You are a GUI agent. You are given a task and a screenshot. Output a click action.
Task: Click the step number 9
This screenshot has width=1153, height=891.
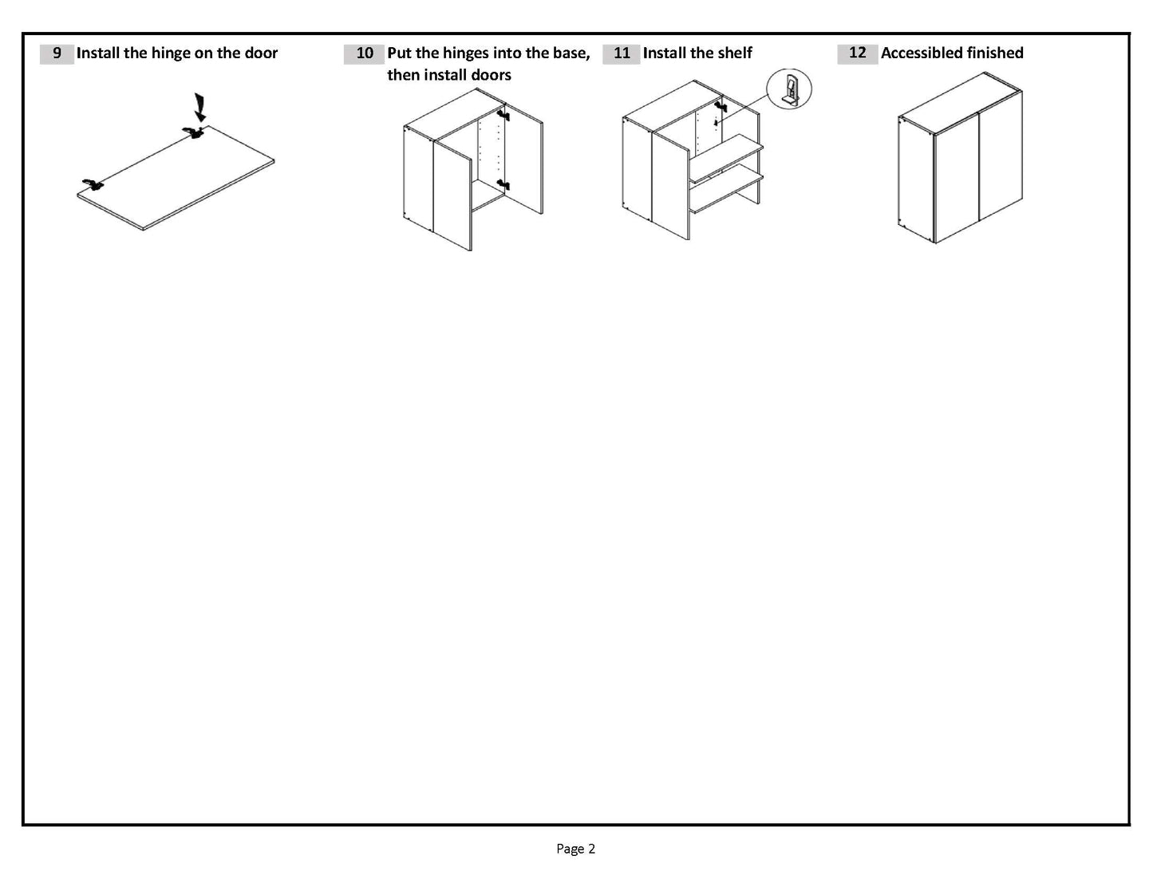(57, 53)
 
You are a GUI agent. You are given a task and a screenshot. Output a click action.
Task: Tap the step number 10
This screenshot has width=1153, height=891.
(364, 53)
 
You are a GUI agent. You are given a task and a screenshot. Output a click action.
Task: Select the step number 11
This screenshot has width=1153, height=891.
(622, 53)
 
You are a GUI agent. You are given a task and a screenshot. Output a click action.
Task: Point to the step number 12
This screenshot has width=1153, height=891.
(857, 53)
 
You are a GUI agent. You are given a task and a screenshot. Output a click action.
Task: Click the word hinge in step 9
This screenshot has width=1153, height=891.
(172, 53)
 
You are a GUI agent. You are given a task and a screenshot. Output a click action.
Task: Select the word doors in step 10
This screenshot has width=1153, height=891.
(491, 75)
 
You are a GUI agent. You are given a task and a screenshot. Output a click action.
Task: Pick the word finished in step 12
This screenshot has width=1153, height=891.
(994, 53)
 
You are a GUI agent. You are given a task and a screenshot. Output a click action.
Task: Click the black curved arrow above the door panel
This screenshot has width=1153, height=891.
(199, 106)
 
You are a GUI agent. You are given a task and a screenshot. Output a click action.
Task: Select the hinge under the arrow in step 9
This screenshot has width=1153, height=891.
(192, 132)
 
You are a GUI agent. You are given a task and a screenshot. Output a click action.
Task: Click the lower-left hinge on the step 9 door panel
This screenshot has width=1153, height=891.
(93, 185)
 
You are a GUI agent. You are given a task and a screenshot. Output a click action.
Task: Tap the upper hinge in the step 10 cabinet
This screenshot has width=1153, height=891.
(503, 115)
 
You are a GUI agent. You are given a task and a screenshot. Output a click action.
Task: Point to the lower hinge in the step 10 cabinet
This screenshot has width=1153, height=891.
(503, 185)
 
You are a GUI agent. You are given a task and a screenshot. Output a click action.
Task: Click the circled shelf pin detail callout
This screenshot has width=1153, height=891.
(788, 89)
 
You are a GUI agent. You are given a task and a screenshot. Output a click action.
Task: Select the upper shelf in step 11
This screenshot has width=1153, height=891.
(726, 158)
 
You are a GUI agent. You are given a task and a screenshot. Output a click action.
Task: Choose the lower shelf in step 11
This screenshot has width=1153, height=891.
(726, 192)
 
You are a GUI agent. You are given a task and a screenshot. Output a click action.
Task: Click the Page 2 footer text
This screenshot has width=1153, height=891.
(575, 849)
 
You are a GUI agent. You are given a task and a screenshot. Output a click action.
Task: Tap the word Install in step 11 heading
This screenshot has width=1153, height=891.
(665, 53)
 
